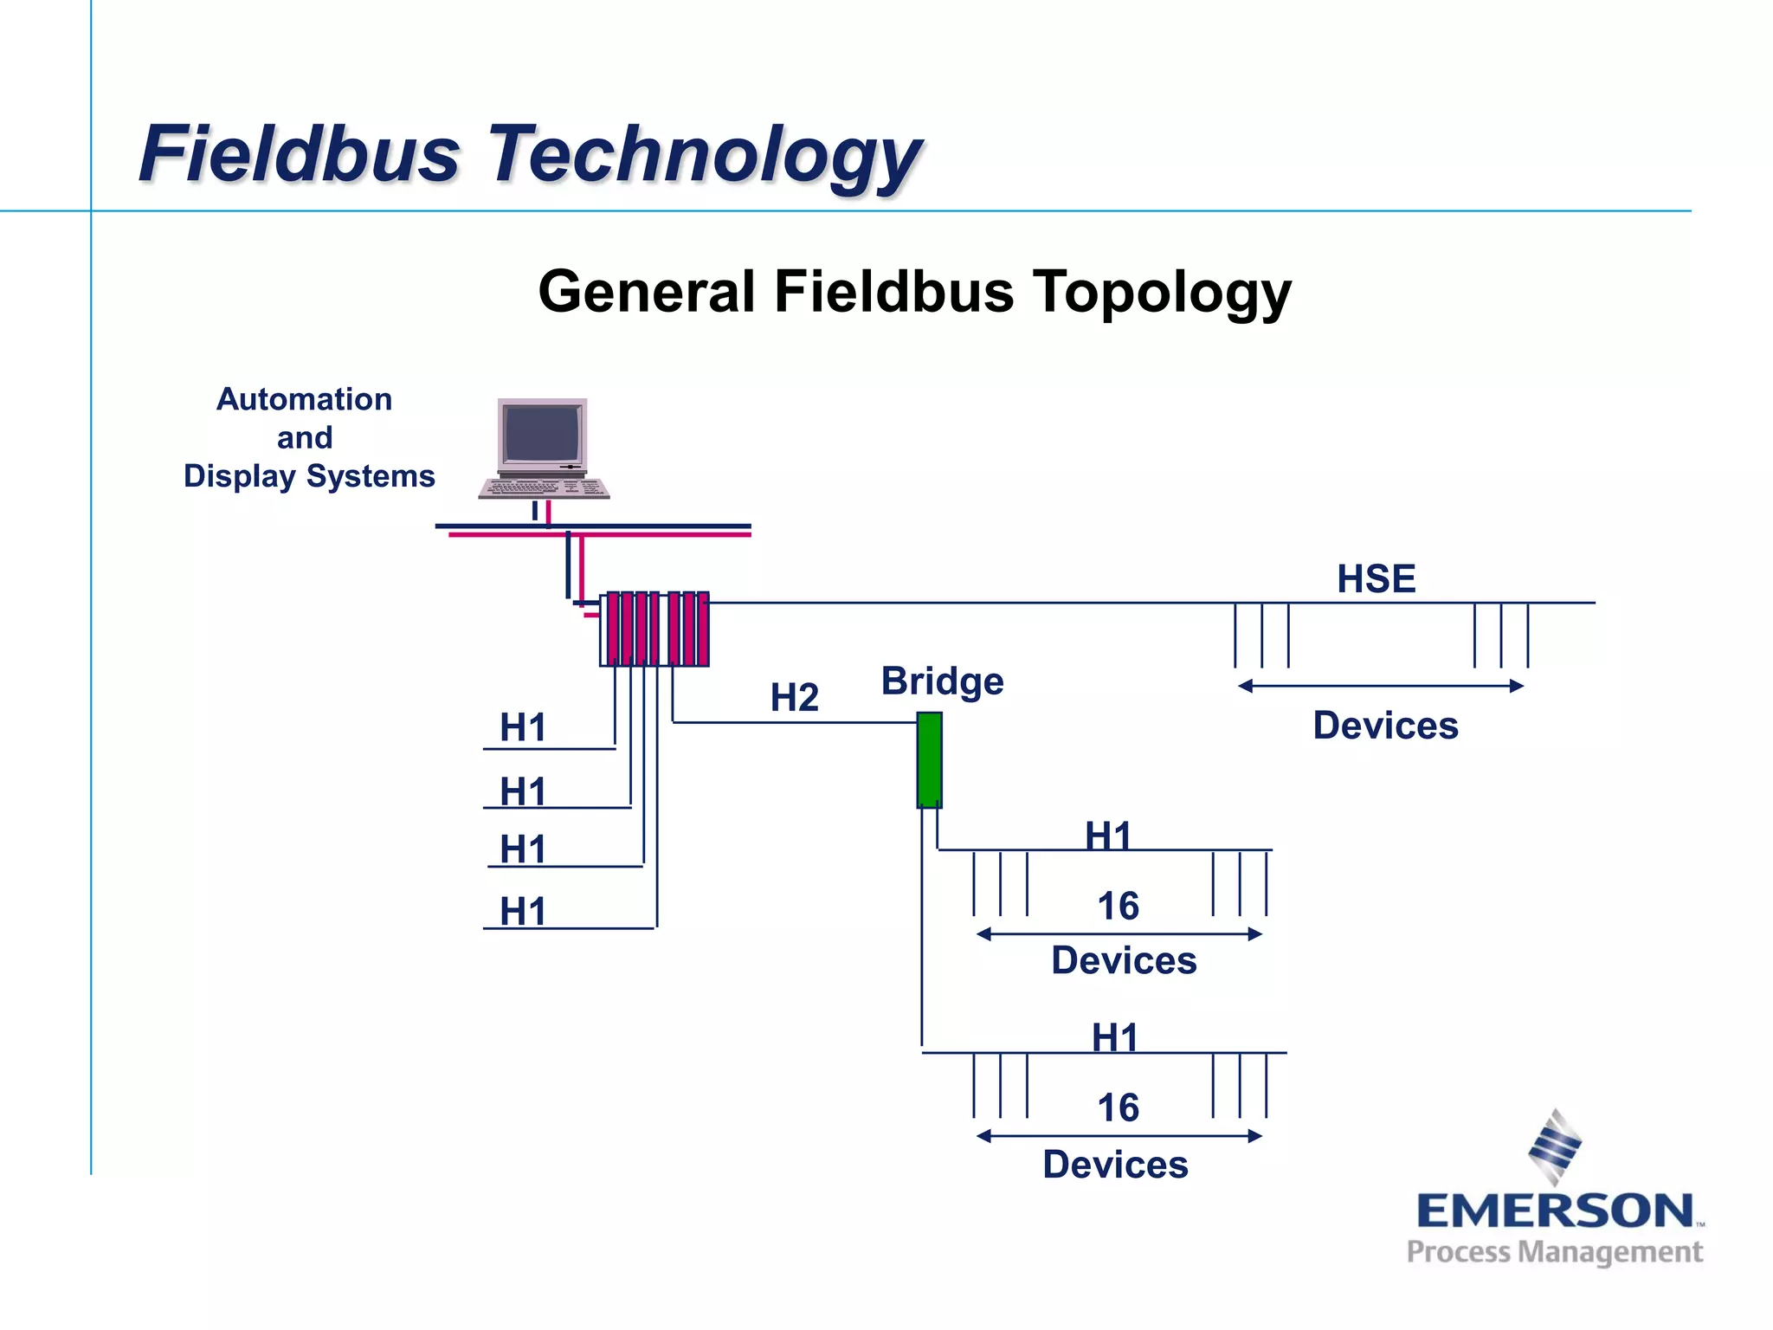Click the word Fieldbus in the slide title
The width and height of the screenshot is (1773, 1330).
pos(299,154)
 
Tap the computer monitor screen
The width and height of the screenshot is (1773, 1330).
pos(542,434)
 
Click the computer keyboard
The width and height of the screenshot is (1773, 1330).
pos(544,489)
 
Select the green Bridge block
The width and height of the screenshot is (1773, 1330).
pos(929,760)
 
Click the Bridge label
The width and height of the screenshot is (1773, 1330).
pos(942,681)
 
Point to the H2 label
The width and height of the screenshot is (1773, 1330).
pos(794,698)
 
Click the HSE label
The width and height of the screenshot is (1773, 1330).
pos(1376,579)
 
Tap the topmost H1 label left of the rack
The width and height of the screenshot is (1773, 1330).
pos(523,727)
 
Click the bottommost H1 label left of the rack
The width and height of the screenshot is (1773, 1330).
pos(523,912)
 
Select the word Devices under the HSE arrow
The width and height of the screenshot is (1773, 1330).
pos(1385,726)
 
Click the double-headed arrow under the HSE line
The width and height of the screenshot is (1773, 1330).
pos(1380,686)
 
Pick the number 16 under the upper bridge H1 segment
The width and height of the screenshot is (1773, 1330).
pos(1118,907)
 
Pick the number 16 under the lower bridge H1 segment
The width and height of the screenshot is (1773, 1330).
pos(1118,1108)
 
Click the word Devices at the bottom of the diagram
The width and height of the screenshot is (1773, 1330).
pos(1115,1165)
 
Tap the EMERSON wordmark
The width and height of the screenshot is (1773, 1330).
pos(1555,1211)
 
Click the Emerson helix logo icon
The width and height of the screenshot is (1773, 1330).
pos(1555,1146)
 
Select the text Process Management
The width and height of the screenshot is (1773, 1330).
pos(1555,1252)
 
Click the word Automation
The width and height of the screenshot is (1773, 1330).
pos(304,399)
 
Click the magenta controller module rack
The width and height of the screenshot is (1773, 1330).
pos(654,629)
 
